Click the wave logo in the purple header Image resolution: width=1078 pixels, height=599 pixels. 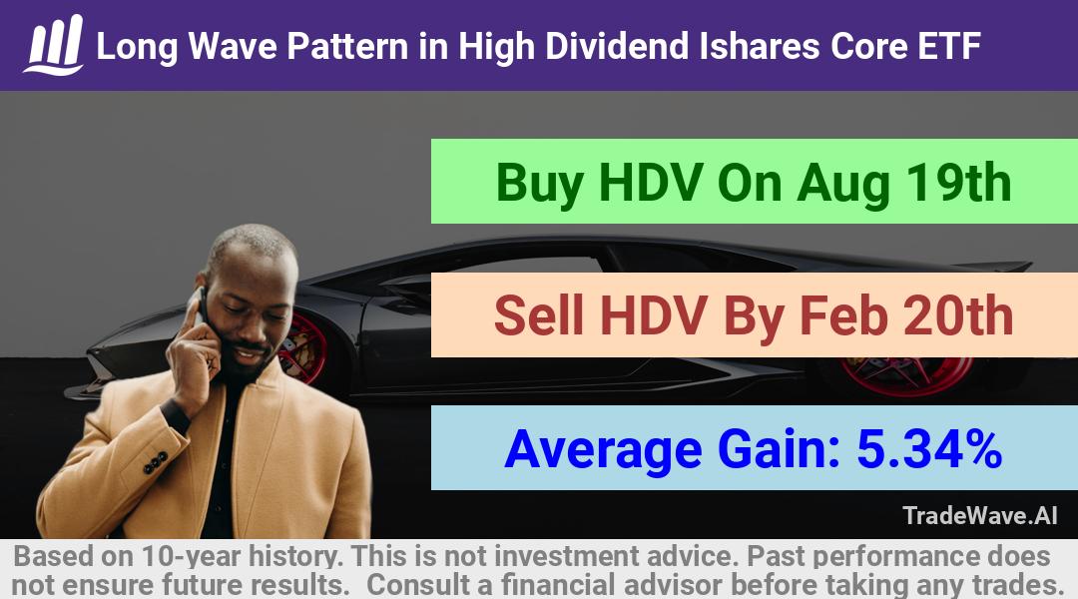[x=54, y=45]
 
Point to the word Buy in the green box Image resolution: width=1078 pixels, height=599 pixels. [x=540, y=185]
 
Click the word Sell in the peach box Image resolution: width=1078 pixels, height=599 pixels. [x=539, y=315]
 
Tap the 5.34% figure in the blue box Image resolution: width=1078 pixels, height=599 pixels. [x=929, y=449]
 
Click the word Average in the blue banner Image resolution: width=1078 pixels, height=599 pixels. [x=603, y=450]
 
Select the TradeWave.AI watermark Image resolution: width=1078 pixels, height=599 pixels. [x=980, y=515]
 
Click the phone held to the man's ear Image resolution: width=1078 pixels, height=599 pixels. [x=202, y=302]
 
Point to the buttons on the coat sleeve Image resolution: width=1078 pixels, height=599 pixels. [x=156, y=463]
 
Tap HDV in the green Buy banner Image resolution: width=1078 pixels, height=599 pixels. [x=651, y=183]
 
